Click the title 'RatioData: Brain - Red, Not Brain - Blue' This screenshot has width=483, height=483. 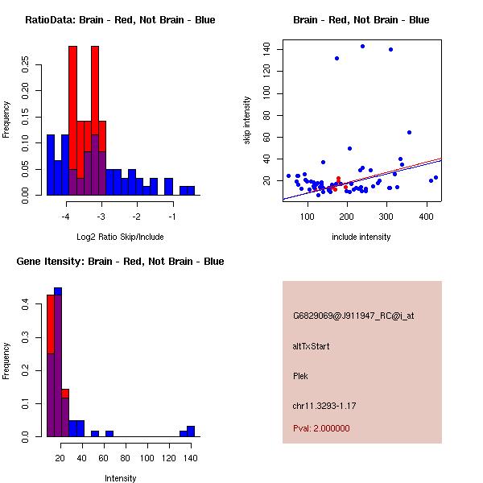click(x=120, y=20)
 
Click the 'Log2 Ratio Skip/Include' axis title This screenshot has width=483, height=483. click(x=119, y=237)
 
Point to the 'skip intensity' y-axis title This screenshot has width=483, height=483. click(x=248, y=121)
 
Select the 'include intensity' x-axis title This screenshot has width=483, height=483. click(x=361, y=237)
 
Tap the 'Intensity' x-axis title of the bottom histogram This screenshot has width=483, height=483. click(x=120, y=478)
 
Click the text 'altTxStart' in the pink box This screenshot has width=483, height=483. click(x=312, y=347)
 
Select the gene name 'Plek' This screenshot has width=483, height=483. click(x=301, y=376)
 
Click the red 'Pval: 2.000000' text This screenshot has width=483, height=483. click(x=321, y=428)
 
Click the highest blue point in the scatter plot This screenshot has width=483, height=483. click(x=362, y=46)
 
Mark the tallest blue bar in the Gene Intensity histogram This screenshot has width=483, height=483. click(x=57, y=362)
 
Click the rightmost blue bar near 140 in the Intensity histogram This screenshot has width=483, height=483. click(x=191, y=431)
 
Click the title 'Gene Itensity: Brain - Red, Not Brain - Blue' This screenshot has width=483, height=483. click(x=120, y=262)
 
